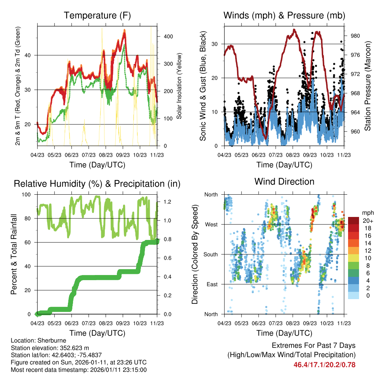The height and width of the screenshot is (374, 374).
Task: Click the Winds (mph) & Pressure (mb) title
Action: coord(284,15)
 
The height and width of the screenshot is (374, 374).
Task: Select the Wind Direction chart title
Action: coord(284,181)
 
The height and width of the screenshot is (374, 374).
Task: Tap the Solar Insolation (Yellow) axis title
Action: coord(179,86)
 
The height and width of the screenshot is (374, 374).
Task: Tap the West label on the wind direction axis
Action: coord(211,225)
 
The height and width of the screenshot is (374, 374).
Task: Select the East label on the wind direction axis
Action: coord(212,285)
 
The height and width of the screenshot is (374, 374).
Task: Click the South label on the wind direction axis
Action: coord(210,255)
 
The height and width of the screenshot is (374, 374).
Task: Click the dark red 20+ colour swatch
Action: coord(354,221)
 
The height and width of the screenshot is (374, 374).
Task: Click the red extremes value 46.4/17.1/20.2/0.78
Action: coord(324,365)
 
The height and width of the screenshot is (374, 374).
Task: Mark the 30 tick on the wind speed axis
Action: coord(216,44)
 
